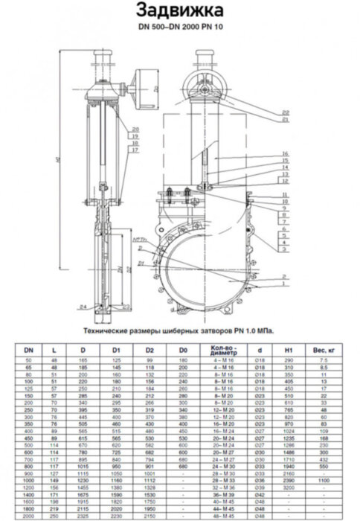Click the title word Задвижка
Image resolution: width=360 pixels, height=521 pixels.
(x=179, y=10)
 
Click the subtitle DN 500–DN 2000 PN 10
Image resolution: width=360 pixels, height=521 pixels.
(x=179, y=28)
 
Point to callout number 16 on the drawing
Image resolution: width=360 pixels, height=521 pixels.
(x=285, y=153)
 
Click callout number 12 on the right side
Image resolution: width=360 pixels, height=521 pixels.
(x=285, y=181)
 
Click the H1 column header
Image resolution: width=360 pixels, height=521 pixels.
(x=289, y=348)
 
